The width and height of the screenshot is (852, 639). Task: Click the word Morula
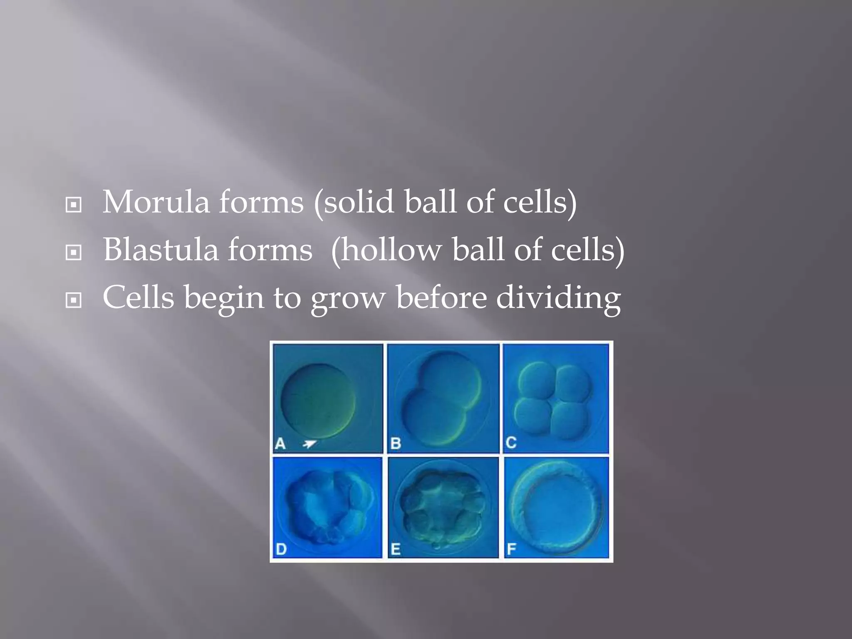[x=156, y=203]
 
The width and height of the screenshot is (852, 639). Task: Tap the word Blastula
[x=161, y=250]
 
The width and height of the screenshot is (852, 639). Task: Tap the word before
[x=441, y=298]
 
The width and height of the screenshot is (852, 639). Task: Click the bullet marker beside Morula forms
[x=74, y=205]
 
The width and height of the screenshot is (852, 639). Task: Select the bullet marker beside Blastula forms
[x=74, y=252]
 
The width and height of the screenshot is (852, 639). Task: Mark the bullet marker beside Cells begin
[x=74, y=300]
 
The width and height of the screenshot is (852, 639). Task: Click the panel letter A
[x=280, y=444]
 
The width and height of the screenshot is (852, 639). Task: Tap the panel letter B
[x=396, y=444]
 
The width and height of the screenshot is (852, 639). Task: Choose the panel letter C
[x=511, y=443]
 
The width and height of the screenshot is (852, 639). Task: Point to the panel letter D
[x=281, y=550]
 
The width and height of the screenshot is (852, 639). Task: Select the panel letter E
[x=396, y=550]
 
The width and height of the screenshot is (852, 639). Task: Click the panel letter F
[x=511, y=550]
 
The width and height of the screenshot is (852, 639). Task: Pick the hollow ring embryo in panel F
[x=557, y=507]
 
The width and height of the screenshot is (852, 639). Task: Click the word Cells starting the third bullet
[x=138, y=298]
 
